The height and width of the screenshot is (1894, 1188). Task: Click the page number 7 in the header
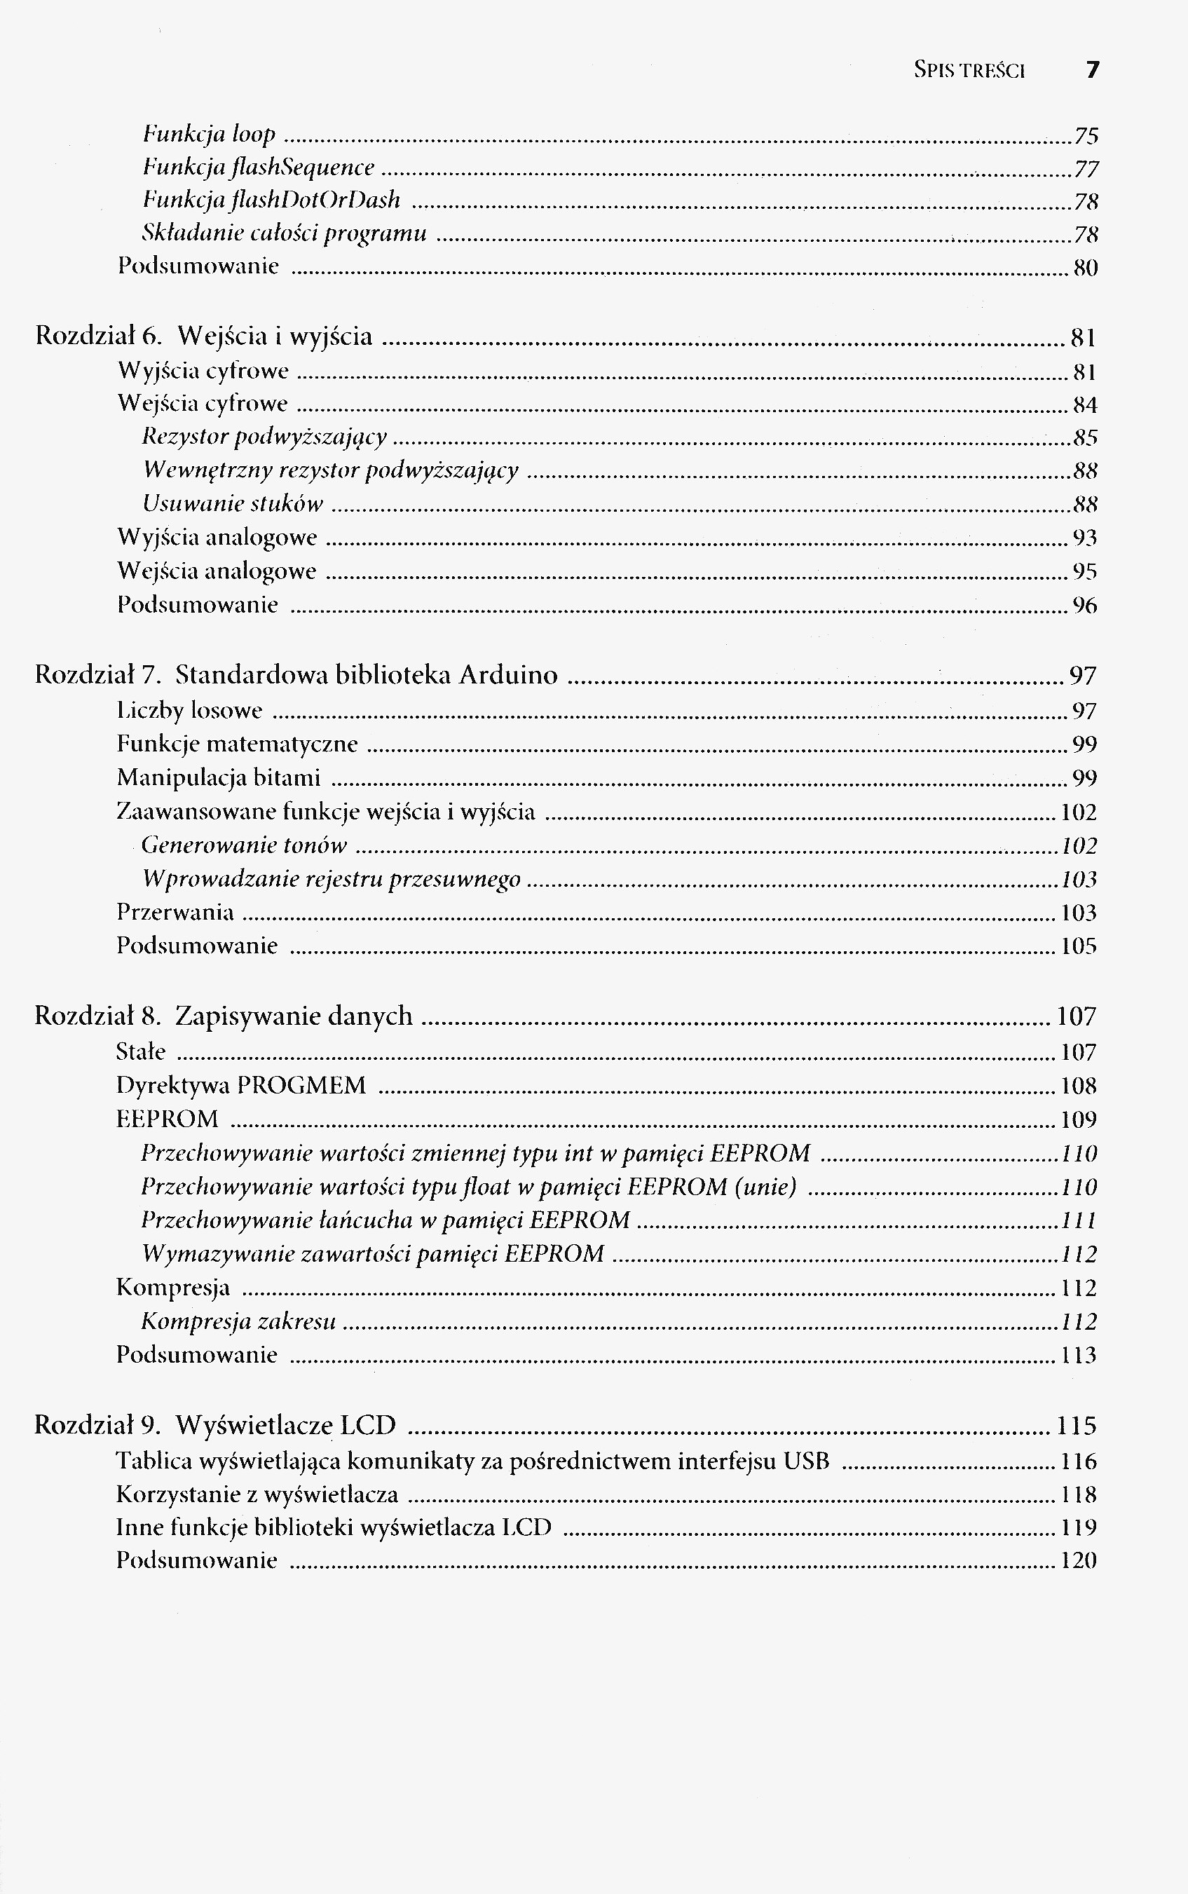1092,70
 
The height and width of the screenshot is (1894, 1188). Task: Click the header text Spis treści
969,71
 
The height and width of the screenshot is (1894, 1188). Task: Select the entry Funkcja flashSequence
259,168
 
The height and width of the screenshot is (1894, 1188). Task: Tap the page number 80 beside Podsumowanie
1085,268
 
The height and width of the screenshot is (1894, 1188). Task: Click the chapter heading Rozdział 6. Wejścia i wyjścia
203,336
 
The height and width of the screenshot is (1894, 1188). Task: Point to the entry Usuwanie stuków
233,503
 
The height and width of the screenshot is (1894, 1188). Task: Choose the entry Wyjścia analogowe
217,538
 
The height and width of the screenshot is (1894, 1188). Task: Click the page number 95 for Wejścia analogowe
1084,572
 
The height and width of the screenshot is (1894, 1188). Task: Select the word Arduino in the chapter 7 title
508,675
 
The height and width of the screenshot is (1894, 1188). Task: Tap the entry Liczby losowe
189,711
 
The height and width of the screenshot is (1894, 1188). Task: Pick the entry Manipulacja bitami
219,777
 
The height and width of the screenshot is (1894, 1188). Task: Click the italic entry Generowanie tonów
245,845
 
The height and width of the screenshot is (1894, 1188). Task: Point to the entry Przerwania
175,912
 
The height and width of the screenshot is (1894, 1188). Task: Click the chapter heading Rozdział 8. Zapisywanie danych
223,1016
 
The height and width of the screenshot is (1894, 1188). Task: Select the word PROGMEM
301,1085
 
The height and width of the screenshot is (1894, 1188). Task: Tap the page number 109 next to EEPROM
1078,1119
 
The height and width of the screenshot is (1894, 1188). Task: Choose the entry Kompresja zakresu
239,1321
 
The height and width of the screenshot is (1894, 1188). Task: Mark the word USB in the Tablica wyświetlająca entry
807,1461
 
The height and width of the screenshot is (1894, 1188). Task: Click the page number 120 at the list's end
1078,1560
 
